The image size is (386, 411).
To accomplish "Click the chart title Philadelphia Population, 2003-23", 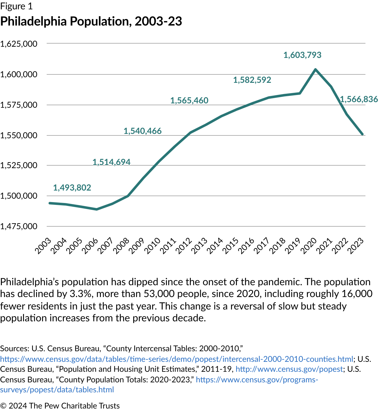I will point(91,21).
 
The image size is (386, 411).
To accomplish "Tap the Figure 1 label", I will point(16,6).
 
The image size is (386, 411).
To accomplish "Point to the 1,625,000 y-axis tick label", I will point(19,44).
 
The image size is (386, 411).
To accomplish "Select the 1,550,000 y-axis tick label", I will point(19,135).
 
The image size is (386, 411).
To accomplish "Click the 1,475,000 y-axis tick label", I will point(19,226).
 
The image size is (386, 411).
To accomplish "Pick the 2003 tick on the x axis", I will point(43,246).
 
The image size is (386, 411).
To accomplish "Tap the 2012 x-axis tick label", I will point(184,246).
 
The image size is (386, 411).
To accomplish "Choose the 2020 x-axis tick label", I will point(309,246).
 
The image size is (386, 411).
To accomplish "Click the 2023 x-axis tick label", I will point(356,246).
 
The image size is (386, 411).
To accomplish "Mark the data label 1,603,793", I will point(302,55).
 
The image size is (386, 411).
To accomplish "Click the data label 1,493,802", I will point(72,188).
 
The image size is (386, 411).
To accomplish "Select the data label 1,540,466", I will point(143,131).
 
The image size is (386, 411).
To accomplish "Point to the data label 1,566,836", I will point(359,99).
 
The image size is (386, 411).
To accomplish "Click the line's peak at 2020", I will point(316,69).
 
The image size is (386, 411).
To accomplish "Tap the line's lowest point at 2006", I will point(96,209).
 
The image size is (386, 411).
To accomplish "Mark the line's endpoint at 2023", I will point(362,134).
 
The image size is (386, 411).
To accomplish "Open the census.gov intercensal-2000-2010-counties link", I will point(177,359).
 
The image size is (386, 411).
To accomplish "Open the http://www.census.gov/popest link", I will point(289,369).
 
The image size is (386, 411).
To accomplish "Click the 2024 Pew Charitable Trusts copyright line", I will point(60,406).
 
